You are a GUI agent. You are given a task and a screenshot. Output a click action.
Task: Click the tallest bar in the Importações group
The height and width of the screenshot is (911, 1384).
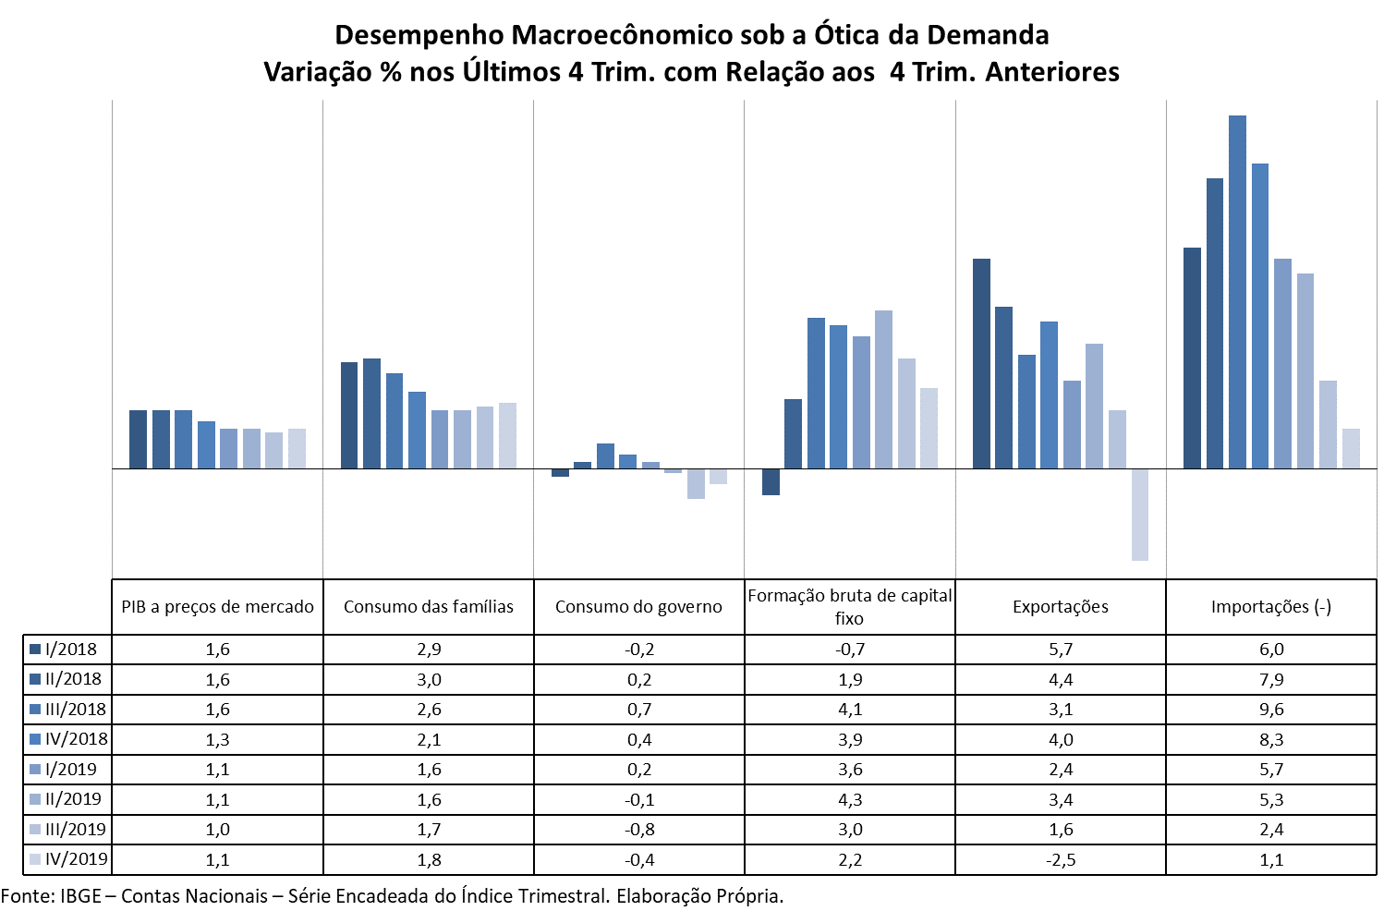pyautogui.click(x=1237, y=292)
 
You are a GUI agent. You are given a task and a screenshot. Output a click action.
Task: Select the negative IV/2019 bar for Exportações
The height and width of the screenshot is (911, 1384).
pyautogui.click(x=1140, y=515)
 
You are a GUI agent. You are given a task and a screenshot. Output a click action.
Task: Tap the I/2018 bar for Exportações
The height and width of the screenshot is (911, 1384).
pyautogui.click(x=981, y=364)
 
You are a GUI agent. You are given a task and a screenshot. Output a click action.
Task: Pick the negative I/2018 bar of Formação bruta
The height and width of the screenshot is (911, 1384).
pyautogui.click(x=771, y=481)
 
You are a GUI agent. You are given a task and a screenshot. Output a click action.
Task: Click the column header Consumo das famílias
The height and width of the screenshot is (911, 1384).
pyautogui.click(x=429, y=607)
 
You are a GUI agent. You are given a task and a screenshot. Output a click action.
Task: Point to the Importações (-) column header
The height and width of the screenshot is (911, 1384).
pyautogui.click(x=1271, y=607)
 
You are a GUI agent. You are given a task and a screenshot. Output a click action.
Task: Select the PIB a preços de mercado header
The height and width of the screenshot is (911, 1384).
pyautogui.click(x=218, y=607)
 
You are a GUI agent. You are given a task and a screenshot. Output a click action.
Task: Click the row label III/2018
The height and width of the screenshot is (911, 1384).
pyautogui.click(x=76, y=710)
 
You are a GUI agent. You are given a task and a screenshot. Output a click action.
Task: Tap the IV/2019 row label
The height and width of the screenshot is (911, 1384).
pyautogui.click(x=76, y=859)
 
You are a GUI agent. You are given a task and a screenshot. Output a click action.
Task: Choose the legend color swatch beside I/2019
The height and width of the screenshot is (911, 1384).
pyautogui.click(x=35, y=770)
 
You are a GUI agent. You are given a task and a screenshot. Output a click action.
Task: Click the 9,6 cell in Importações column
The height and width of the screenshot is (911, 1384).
pyautogui.click(x=1271, y=710)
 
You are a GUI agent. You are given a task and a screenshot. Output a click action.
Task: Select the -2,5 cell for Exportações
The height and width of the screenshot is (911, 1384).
pyautogui.click(x=1061, y=859)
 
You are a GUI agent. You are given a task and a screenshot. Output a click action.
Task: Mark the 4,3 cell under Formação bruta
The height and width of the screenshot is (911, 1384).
pyautogui.click(x=850, y=799)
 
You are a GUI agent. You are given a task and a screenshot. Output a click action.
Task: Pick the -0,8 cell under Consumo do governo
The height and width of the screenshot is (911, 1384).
pyautogui.click(x=639, y=830)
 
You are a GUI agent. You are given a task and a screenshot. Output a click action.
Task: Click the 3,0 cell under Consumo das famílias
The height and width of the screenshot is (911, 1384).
pyautogui.click(x=429, y=680)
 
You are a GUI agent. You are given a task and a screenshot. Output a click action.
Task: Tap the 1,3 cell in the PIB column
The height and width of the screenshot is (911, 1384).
pyautogui.click(x=218, y=739)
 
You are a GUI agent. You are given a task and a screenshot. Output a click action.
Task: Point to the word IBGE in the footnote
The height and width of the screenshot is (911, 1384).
pyautogui.click(x=80, y=896)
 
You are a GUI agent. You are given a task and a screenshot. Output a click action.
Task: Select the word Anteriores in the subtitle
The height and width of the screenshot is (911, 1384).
pyautogui.click(x=1052, y=72)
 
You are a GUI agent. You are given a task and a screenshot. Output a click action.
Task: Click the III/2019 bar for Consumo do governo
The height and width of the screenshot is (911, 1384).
pyautogui.click(x=696, y=483)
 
